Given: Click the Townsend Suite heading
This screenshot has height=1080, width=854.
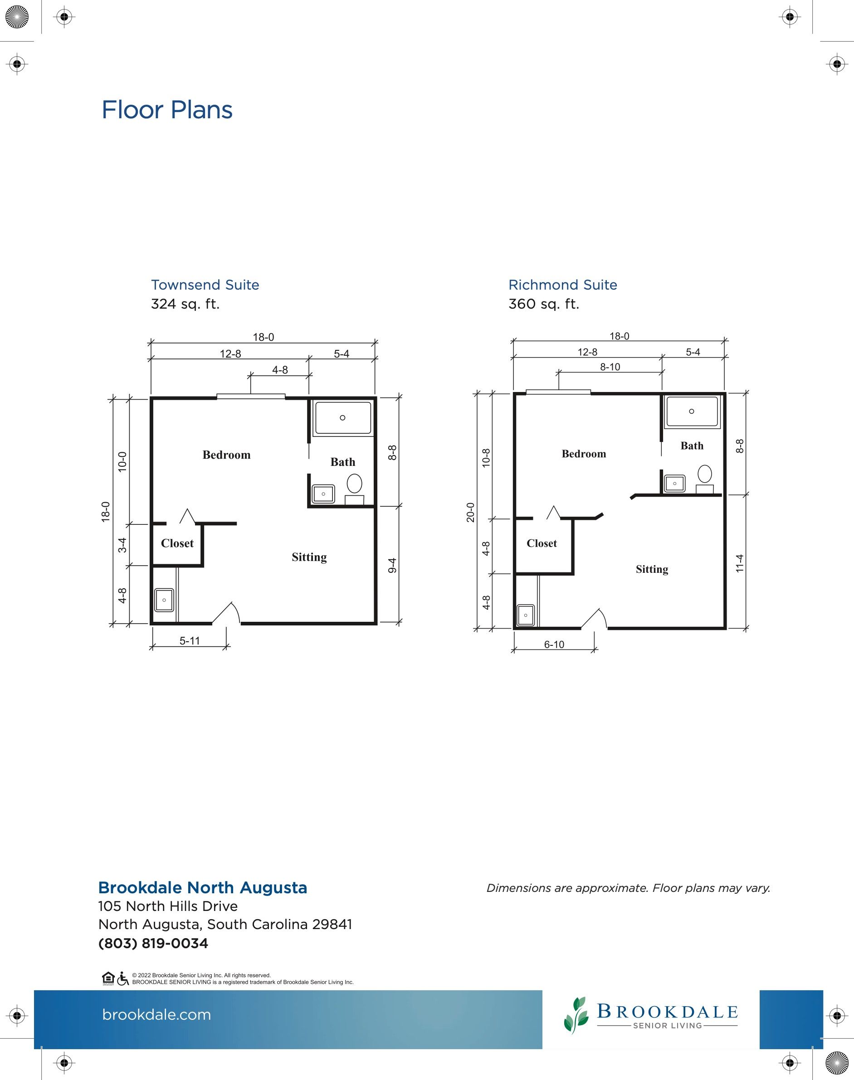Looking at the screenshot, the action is (x=205, y=285).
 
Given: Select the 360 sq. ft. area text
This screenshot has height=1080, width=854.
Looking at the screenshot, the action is (x=543, y=304).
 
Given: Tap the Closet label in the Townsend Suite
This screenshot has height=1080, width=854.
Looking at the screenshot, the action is (x=177, y=543).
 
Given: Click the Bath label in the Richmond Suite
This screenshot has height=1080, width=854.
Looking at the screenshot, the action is (x=692, y=446).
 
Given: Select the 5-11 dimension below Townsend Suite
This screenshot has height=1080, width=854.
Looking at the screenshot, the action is (x=190, y=641).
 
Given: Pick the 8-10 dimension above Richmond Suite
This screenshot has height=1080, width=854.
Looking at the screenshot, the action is (x=610, y=367).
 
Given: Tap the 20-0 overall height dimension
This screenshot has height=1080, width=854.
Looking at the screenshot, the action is (x=470, y=513).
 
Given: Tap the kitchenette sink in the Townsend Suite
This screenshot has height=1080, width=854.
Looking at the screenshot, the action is (x=164, y=600).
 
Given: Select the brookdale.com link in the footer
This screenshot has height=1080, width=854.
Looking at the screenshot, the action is (x=156, y=1015).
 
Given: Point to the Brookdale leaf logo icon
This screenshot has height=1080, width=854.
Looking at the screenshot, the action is (x=575, y=1015).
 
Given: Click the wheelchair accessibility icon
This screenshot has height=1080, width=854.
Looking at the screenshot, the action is (x=123, y=978).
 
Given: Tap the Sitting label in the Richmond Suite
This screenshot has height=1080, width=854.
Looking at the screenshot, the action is (x=652, y=570).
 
